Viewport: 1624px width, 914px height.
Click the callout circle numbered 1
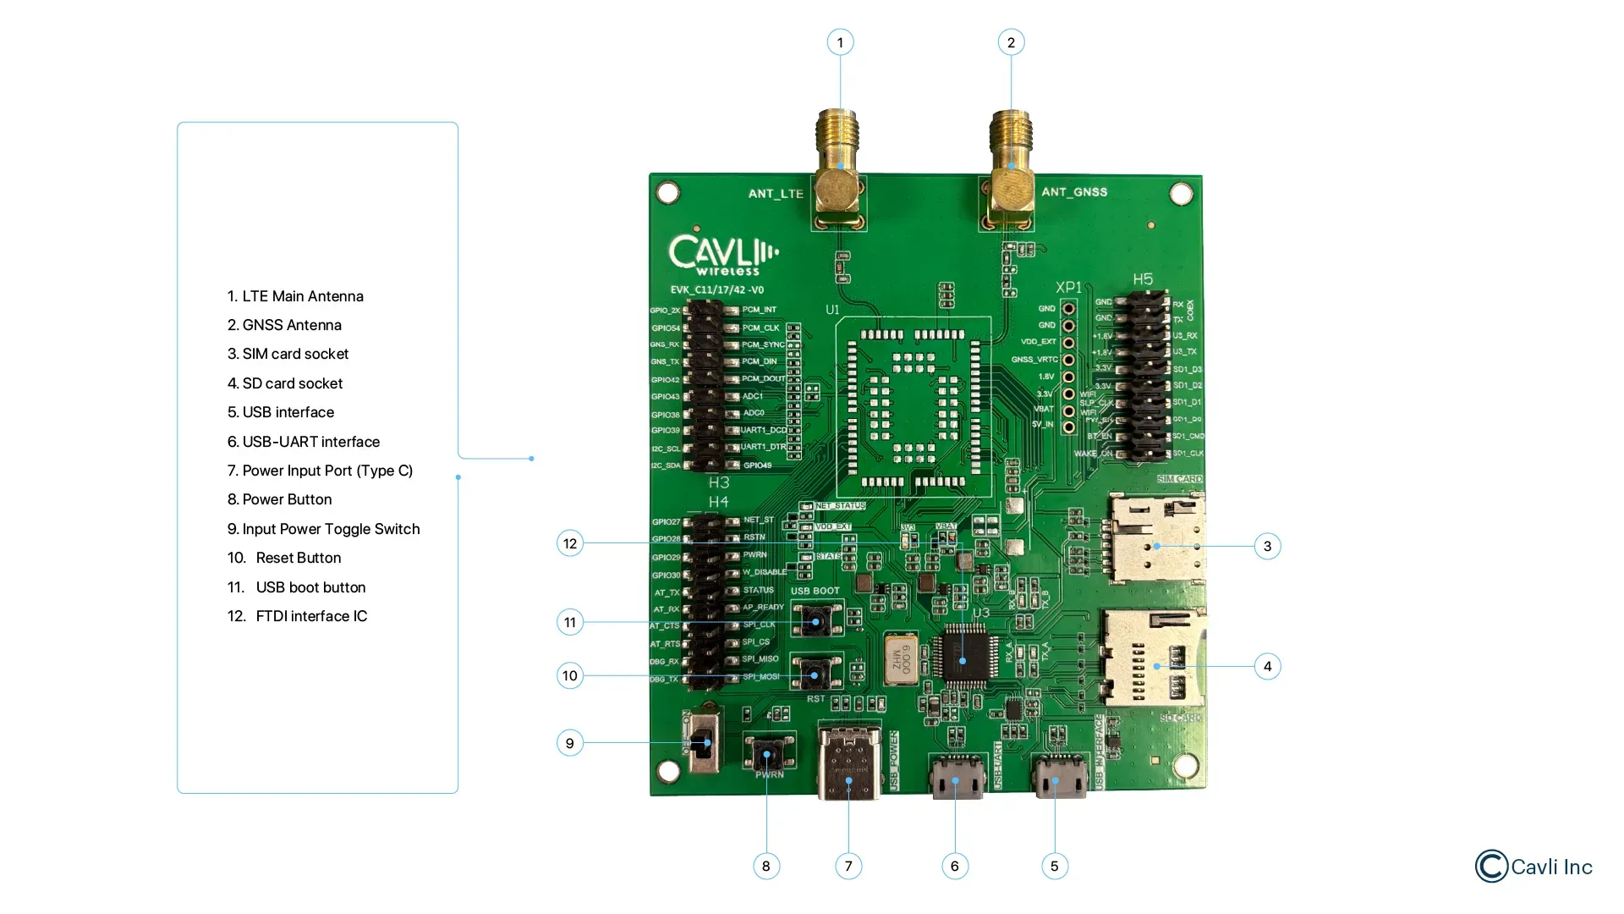840,42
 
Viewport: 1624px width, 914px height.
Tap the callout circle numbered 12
570,543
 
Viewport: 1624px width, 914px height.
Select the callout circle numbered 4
1267,667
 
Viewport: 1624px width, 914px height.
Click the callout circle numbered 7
848,866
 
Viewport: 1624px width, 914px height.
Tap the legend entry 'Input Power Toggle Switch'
323,529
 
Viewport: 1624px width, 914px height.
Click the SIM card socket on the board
1156,539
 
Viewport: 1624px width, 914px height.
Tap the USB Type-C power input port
849,762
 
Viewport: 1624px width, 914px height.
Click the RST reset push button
815,674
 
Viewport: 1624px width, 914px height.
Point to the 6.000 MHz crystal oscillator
900,657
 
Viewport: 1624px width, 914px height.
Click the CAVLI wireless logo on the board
722,255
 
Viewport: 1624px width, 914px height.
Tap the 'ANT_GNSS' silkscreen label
1074,192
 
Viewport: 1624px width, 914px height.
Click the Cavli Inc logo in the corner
1533,867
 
